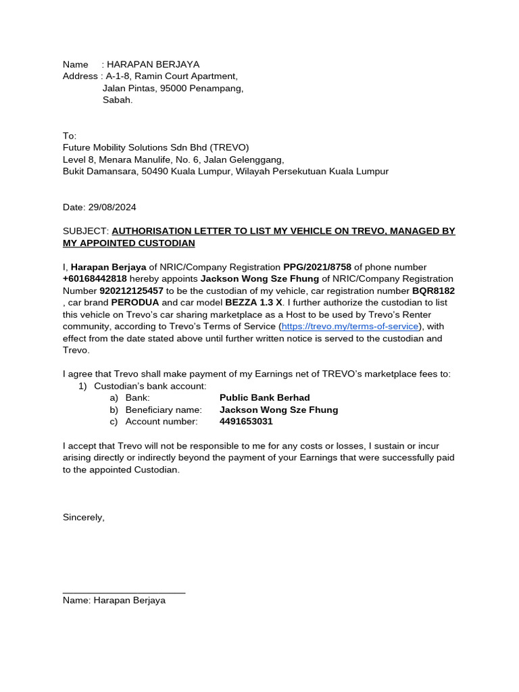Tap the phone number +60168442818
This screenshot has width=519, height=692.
pos(95,278)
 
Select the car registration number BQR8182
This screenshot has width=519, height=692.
pos(433,291)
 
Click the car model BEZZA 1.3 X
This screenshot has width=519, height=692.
pos(254,302)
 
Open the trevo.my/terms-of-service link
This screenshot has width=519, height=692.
pos(350,326)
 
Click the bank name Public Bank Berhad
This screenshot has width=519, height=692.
pos(264,398)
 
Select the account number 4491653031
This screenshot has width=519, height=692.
pos(246,422)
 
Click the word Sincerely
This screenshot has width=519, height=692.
pos(84,517)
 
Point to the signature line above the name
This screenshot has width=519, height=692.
pos(124,593)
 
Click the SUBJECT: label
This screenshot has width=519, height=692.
pos(85,231)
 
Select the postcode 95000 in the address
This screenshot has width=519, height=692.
pos(172,89)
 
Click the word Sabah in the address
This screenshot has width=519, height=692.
pos(118,100)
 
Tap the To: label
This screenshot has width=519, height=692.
pos(70,136)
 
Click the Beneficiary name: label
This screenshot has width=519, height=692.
pos(164,410)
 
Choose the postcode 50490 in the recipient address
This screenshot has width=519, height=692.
pos(154,172)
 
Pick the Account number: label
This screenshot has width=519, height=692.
pos(162,422)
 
